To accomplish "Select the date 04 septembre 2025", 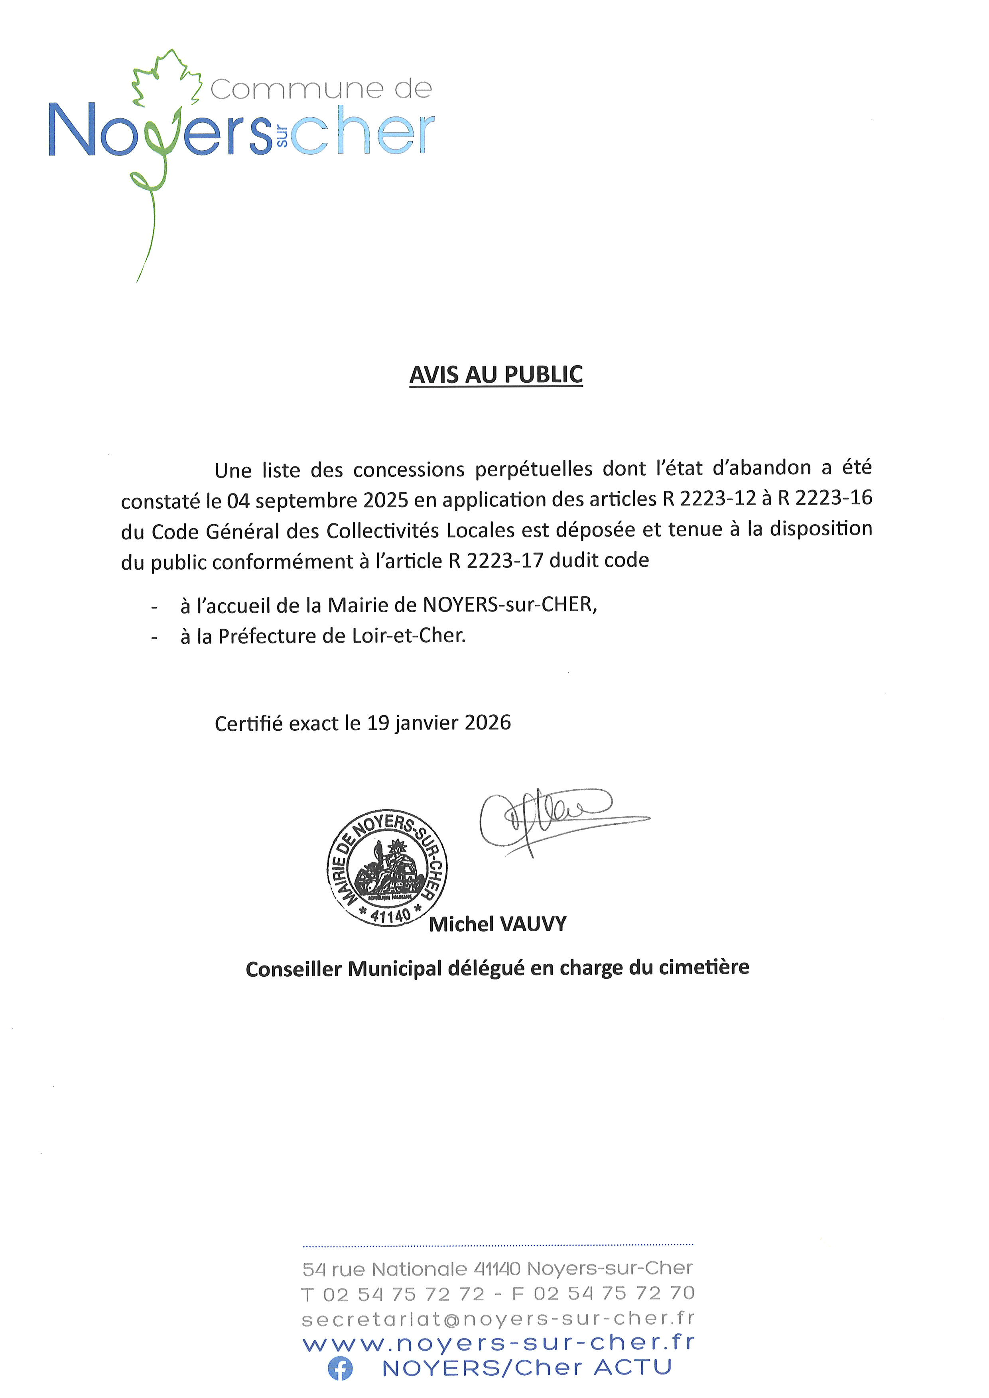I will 317,501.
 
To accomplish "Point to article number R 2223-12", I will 709,499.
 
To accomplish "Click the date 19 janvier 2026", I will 439,723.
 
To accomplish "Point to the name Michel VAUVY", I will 498,924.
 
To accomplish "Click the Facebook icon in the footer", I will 340,1369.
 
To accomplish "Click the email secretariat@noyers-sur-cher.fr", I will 498,1318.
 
